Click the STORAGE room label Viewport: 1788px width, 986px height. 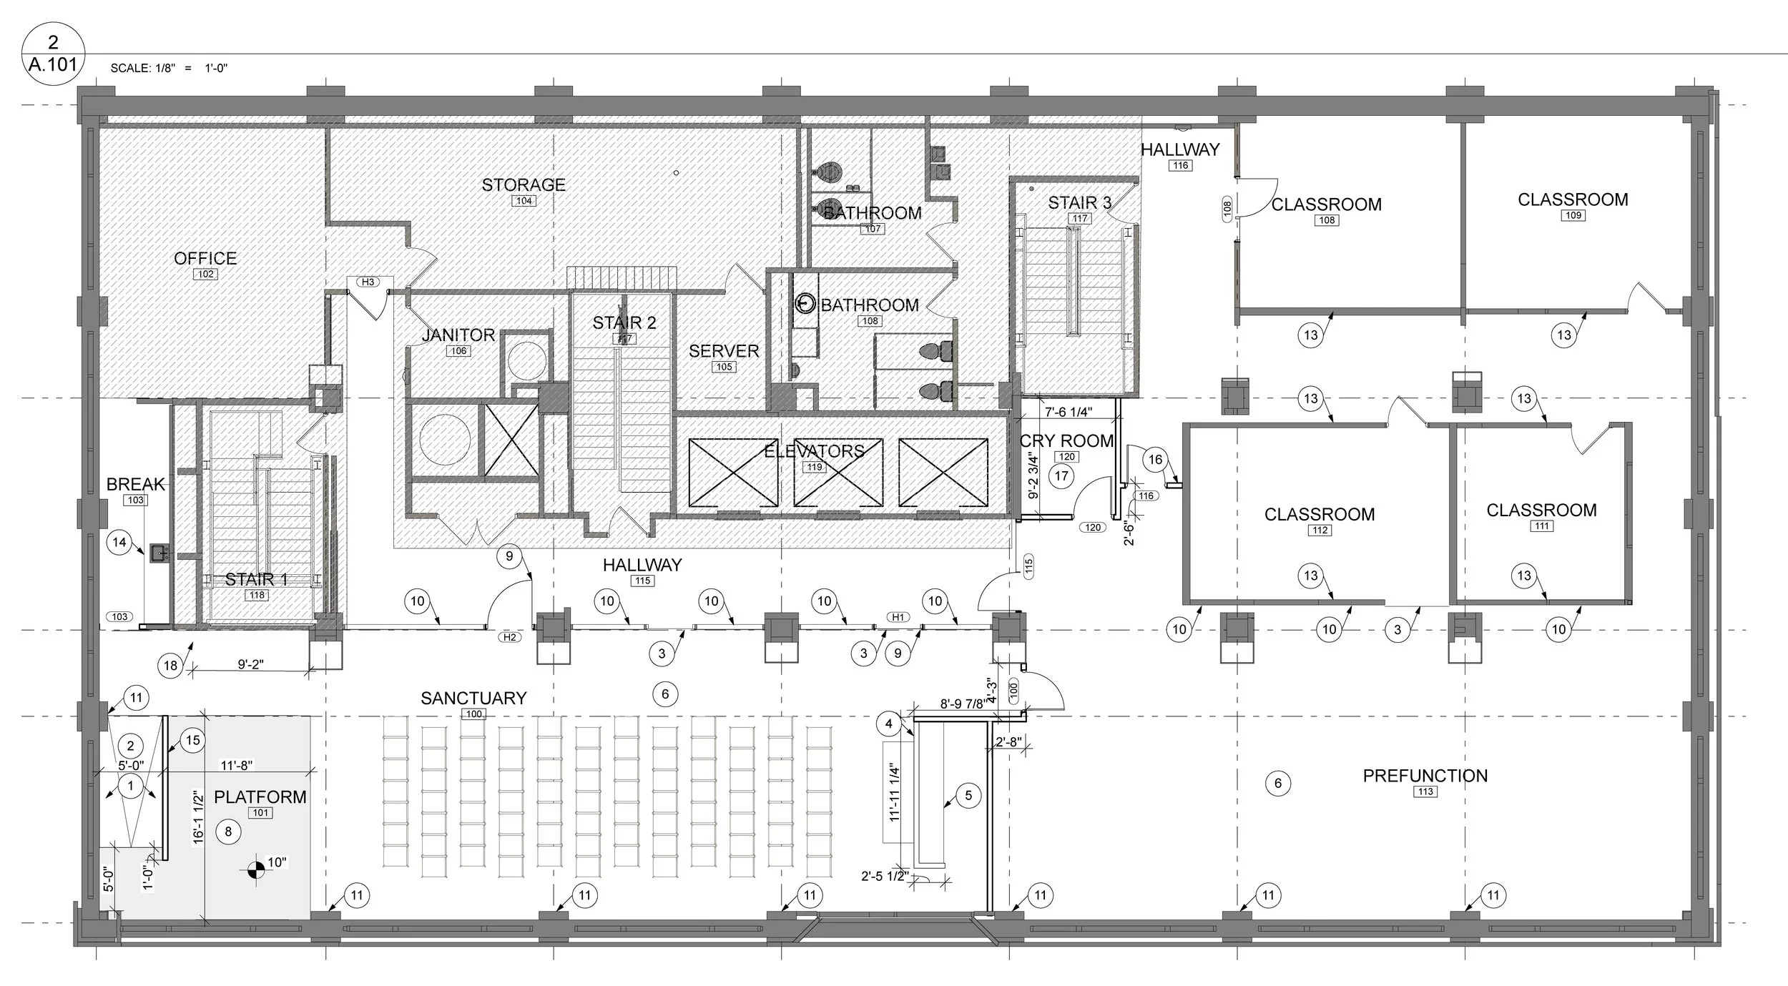[x=524, y=185]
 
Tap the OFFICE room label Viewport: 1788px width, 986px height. [x=205, y=259]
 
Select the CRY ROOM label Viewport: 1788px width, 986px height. [x=1066, y=441]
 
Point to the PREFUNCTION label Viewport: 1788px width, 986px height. [x=1425, y=776]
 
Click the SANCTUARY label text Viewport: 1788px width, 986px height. [x=473, y=698]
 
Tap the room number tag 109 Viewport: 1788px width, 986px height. [x=1573, y=215]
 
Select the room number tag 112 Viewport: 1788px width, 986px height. [x=1320, y=530]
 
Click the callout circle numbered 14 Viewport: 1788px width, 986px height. [x=119, y=542]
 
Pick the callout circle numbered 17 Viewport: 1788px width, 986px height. [x=1061, y=475]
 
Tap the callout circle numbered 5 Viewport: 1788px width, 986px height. [x=968, y=796]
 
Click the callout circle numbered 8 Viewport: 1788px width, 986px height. [x=229, y=831]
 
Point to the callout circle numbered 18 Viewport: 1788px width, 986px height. [x=170, y=666]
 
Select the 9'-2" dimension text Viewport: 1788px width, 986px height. [x=250, y=664]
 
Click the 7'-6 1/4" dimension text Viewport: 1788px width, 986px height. [x=1068, y=412]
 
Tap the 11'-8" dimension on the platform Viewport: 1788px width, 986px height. [x=237, y=766]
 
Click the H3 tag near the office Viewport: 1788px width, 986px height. [x=368, y=282]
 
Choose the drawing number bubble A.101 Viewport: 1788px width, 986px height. [x=53, y=53]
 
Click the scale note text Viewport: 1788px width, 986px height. [x=169, y=69]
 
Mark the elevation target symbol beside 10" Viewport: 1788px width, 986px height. [x=254, y=870]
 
